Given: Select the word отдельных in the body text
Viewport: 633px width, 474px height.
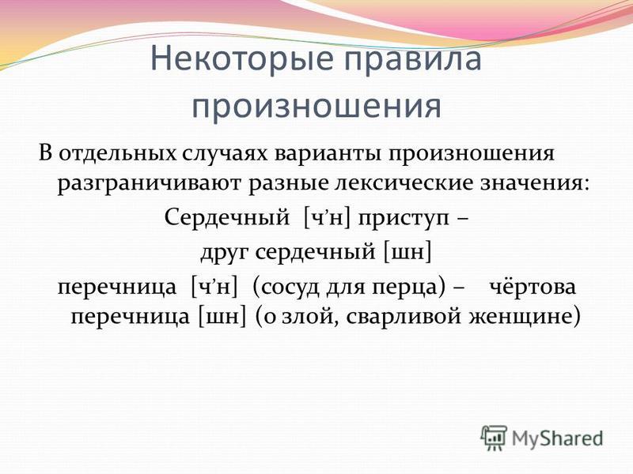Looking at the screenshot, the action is click(117, 154).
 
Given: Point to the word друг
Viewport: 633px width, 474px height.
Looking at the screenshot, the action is click(226, 253).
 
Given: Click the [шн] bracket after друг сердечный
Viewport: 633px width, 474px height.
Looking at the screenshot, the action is click(407, 253).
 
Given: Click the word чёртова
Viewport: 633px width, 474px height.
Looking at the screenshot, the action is click(533, 287).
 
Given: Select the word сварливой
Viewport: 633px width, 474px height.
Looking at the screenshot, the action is click(404, 317).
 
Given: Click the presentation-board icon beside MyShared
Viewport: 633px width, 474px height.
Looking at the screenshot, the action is click(494, 437).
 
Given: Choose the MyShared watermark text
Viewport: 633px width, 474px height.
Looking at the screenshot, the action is click(558, 438).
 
